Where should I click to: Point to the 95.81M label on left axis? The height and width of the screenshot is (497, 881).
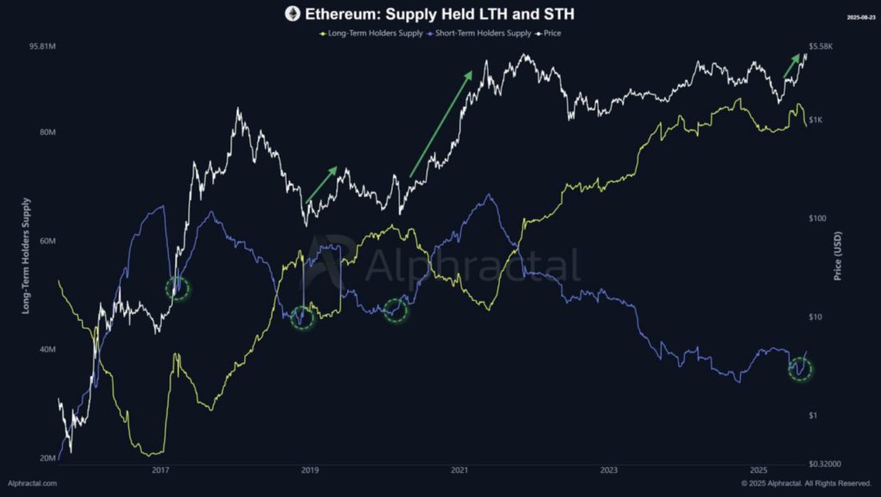(41, 46)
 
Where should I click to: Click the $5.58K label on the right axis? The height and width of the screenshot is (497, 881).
(820, 46)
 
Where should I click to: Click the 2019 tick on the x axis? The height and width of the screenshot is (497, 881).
(310, 470)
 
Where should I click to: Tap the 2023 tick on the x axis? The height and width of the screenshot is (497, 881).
(609, 470)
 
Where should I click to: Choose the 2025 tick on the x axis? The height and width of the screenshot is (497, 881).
(759, 470)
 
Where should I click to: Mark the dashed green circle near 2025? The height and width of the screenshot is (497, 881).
(801, 370)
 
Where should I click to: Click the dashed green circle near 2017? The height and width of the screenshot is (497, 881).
(177, 289)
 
